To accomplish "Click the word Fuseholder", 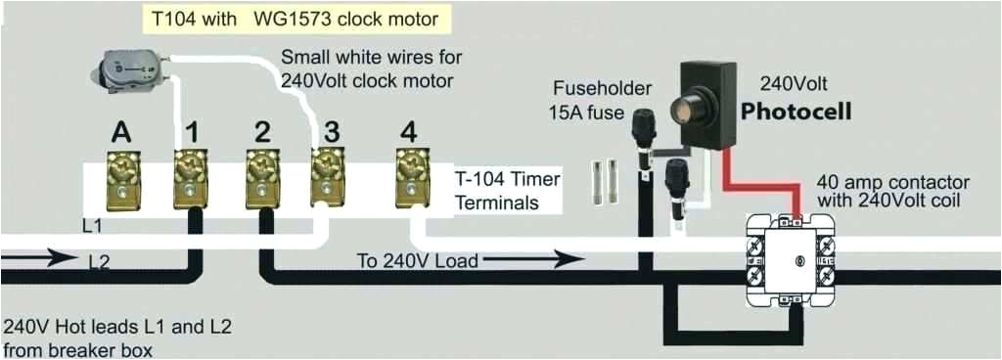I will (x=601, y=89).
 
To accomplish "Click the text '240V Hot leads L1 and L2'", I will (x=117, y=326).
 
